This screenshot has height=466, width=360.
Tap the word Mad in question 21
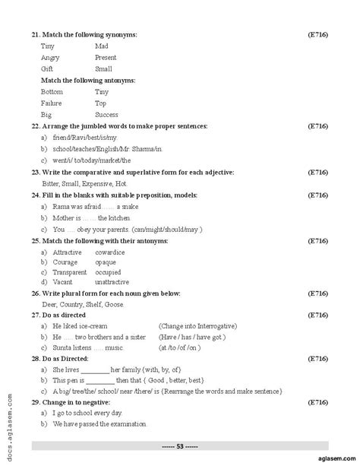[101, 46]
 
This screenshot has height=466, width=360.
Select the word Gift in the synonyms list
[47, 68]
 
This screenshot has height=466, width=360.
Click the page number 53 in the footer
[180, 445]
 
